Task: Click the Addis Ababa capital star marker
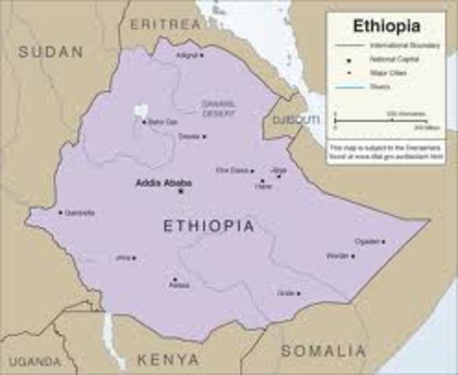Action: click(181, 191)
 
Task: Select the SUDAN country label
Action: click(51, 52)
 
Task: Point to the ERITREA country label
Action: click(165, 24)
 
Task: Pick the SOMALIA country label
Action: click(323, 351)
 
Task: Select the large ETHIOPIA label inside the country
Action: click(209, 226)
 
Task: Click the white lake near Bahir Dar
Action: click(141, 112)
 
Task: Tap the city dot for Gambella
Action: click(59, 212)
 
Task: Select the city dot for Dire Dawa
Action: click(252, 170)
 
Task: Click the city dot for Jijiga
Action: click(279, 176)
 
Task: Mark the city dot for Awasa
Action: click(174, 279)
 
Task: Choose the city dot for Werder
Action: click(352, 256)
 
